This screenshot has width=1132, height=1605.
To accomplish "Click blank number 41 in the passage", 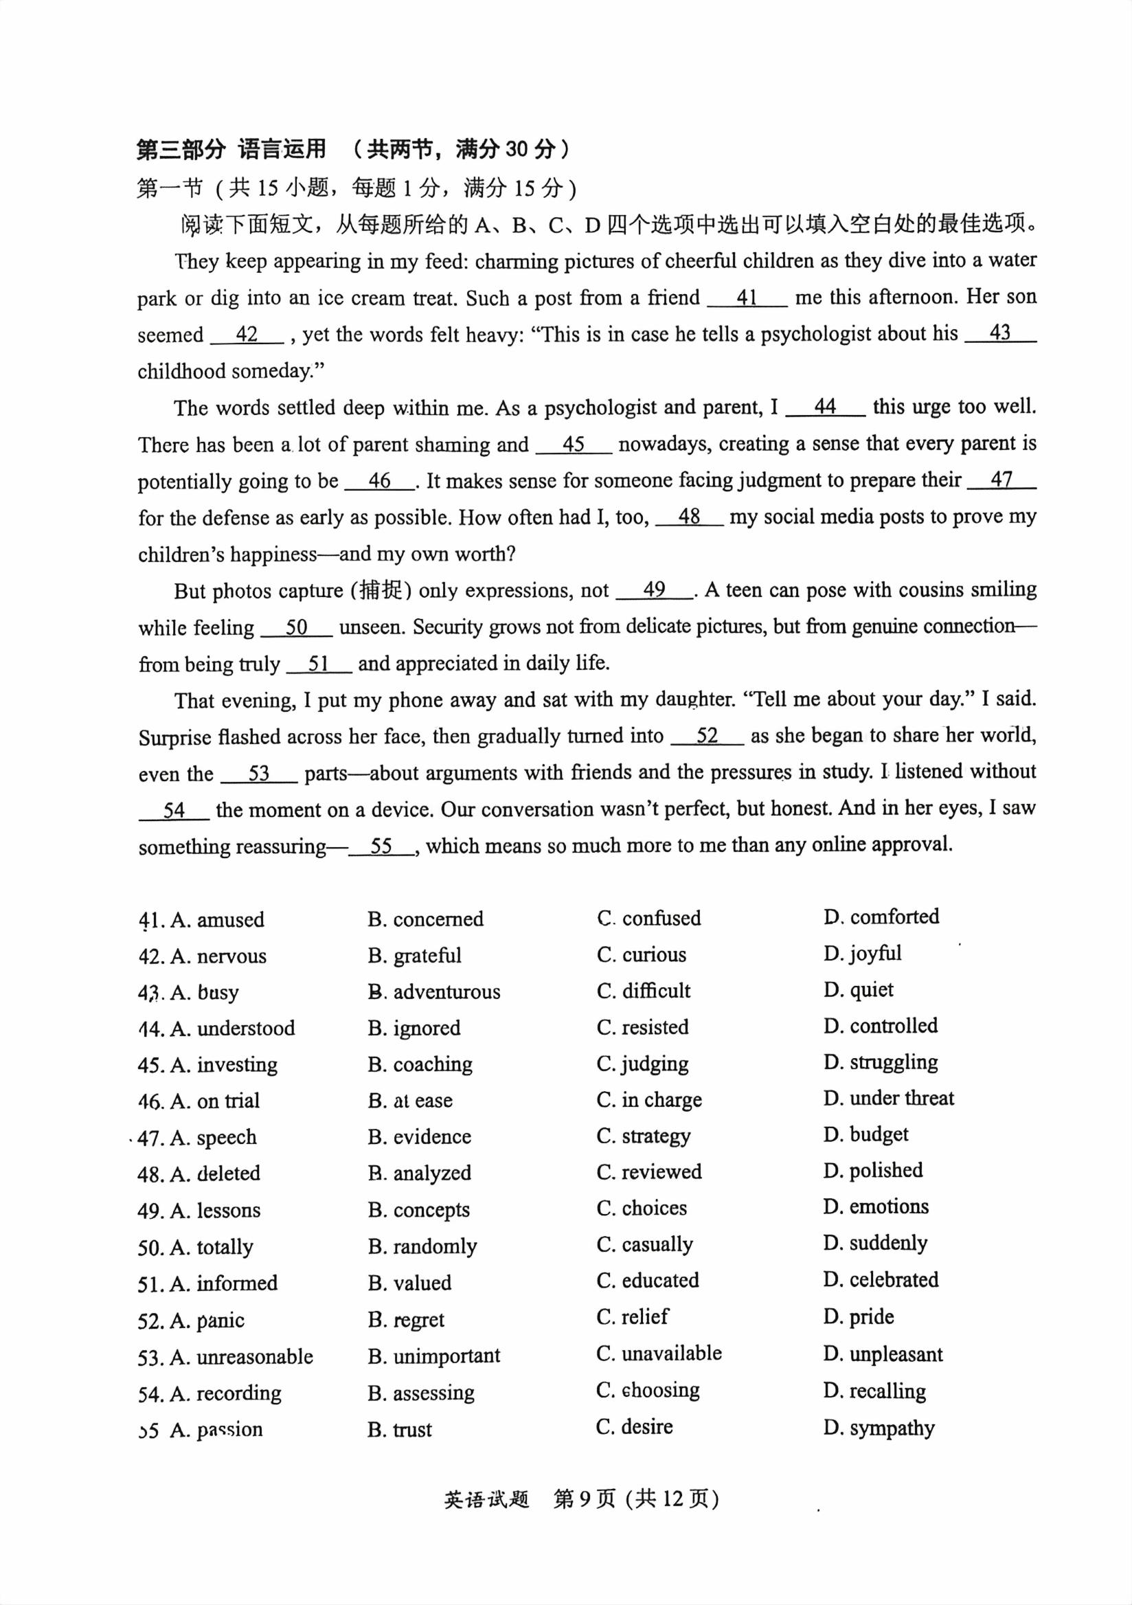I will pyautogui.click(x=747, y=298).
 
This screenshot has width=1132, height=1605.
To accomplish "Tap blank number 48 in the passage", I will pyautogui.click(x=689, y=517).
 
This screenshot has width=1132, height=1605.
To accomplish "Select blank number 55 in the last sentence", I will pyautogui.click(x=381, y=846).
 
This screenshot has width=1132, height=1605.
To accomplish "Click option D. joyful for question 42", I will pyautogui.click(x=862, y=954).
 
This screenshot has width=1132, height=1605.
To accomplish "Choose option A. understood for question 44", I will pyautogui.click(x=233, y=1028).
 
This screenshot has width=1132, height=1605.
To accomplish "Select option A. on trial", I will pyautogui.click(x=215, y=1100).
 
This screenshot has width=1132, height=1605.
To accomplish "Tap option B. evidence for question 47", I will pyautogui.click(x=419, y=1136).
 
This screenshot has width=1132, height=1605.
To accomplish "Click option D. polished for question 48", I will pyautogui.click(x=873, y=1170).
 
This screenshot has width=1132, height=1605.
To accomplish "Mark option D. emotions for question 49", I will pyautogui.click(x=876, y=1206).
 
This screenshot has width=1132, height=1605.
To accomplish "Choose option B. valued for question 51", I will pyautogui.click(x=409, y=1283).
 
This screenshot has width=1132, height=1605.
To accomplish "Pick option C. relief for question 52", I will pyautogui.click(x=633, y=1317).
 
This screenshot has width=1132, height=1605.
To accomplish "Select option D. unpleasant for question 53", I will pyautogui.click(x=883, y=1354).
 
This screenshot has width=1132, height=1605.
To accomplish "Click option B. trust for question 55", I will pyautogui.click(x=400, y=1430).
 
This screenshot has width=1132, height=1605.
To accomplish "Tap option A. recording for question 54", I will pyautogui.click(x=226, y=1393).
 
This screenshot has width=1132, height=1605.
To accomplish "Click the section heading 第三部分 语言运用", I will pyautogui.click(x=231, y=149).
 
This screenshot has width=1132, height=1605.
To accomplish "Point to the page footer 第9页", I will pyautogui.click(x=584, y=1498).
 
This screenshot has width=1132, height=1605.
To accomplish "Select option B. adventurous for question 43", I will pyautogui.click(x=434, y=991).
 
